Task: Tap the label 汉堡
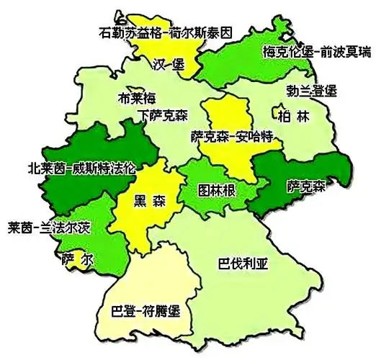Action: pos(169,64)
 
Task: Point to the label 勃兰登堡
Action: pos(311,91)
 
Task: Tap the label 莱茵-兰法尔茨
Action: pos(50,226)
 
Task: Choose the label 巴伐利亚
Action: pos(243,263)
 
